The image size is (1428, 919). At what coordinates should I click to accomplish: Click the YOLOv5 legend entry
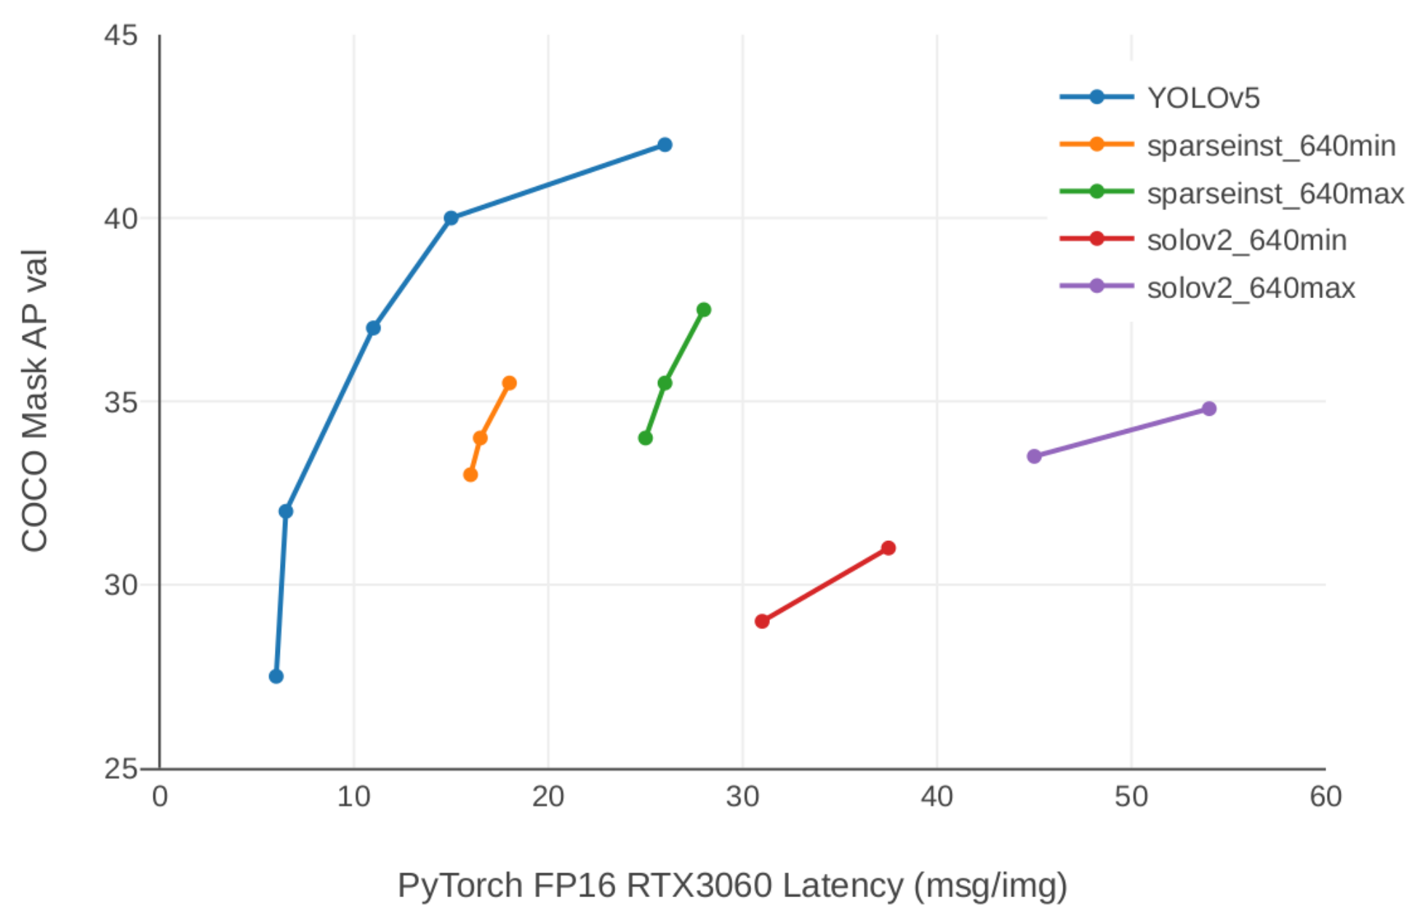[x=1203, y=98]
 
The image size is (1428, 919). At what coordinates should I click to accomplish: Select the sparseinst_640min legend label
[x=1271, y=146]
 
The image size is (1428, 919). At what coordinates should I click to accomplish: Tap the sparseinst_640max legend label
[x=1275, y=194]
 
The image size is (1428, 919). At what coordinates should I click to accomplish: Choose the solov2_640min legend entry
[x=1246, y=241]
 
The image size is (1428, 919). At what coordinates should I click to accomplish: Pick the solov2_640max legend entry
[x=1251, y=289]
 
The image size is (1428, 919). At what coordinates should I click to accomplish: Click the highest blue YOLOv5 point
[x=665, y=145]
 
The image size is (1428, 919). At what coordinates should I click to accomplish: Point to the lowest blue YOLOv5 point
[x=276, y=676]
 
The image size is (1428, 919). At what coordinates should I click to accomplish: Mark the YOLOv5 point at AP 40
[x=451, y=218]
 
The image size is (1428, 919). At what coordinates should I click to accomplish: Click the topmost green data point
[x=704, y=310]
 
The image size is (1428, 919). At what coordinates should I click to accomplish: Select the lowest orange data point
[x=470, y=475]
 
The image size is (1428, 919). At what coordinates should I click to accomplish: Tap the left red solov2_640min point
[x=762, y=621]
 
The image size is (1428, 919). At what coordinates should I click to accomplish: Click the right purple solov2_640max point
[x=1209, y=409]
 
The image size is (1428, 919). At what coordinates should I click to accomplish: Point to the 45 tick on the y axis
[x=121, y=35]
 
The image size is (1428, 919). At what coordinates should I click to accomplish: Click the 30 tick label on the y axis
[x=121, y=585]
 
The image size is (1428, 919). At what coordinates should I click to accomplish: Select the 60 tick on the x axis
[x=1325, y=797]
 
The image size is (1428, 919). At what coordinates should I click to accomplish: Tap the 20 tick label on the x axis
[x=547, y=797]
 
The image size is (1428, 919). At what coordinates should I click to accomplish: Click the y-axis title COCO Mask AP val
[x=34, y=401]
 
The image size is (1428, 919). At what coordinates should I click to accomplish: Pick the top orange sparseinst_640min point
[x=510, y=383]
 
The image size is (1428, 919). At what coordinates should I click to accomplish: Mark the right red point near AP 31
[x=889, y=547]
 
